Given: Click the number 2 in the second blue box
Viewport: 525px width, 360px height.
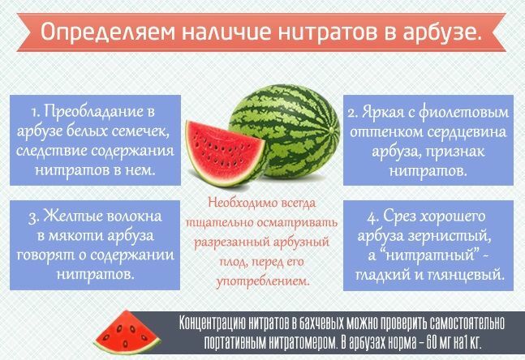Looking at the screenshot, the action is coord(353,113).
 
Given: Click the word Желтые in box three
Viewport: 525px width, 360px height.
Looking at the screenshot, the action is coord(73,216).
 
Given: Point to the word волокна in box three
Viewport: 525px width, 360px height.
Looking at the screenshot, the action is coord(134,216).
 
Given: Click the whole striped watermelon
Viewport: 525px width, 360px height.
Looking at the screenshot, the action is coord(285,131).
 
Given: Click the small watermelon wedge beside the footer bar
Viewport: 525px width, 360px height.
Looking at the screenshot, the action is coord(127,332).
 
